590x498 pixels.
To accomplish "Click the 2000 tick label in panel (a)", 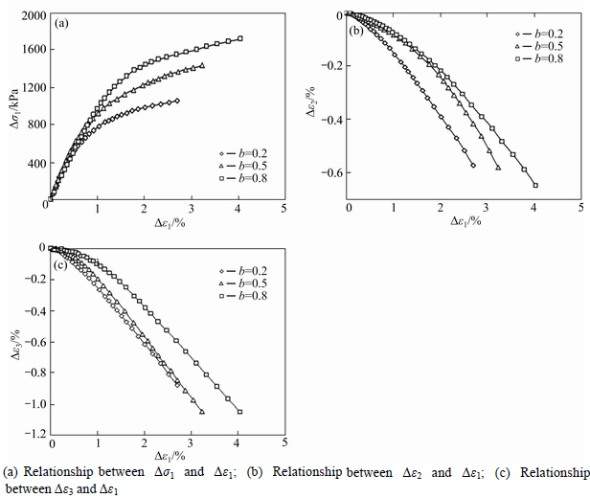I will (x=30, y=16).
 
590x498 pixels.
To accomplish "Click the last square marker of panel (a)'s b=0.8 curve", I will (x=240, y=38).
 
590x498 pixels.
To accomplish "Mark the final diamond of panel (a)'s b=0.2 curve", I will (x=177, y=101).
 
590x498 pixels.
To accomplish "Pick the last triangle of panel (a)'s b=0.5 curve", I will (x=202, y=66).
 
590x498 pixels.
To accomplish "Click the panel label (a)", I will (x=62, y=23).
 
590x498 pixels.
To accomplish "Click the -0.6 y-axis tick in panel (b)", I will (x=330, y=172).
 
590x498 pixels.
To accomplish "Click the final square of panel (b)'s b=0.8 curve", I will (x=535, y=185).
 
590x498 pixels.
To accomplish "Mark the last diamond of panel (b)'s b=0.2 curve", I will (x=473, y=166).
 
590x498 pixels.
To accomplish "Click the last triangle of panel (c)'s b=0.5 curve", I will (x=202, y=412).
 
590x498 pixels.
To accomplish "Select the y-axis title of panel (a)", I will (x=13, y=107).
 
